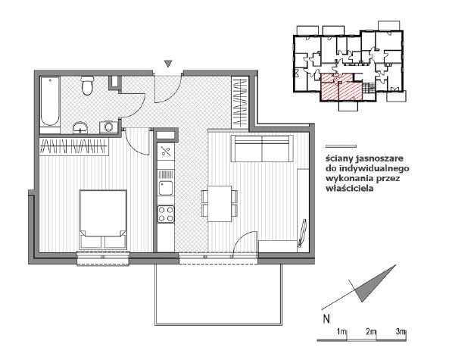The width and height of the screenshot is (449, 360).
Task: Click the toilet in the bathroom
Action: click(87, 85)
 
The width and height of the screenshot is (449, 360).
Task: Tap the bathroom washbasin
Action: click(80, 128)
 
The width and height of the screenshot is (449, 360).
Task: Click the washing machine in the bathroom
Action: click(108, 127)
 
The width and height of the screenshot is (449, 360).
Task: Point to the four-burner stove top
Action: click(166, 214)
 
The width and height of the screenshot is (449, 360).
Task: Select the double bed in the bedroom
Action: click(103, 219)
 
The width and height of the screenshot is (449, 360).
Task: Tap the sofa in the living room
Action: click(262, 149)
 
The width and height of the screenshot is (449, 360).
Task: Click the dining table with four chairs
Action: click(220, 204)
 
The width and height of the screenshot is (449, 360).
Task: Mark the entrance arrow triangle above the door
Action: click(168, 64)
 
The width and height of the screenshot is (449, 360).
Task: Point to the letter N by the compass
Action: click(326, 319)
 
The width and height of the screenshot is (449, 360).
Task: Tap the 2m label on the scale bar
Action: click(370, 332)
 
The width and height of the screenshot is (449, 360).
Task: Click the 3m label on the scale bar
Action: click(401, 332)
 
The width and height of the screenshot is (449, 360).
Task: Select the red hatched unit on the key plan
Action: click(341, 87)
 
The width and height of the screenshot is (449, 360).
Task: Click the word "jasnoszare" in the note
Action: click(379, 158)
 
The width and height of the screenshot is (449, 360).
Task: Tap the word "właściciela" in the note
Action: click(349, 188)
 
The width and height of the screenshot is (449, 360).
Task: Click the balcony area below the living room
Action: click(218, 295)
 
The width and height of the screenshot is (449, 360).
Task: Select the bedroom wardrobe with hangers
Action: click(74, 147)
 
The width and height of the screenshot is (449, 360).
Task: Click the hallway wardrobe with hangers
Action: click(240, 102)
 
